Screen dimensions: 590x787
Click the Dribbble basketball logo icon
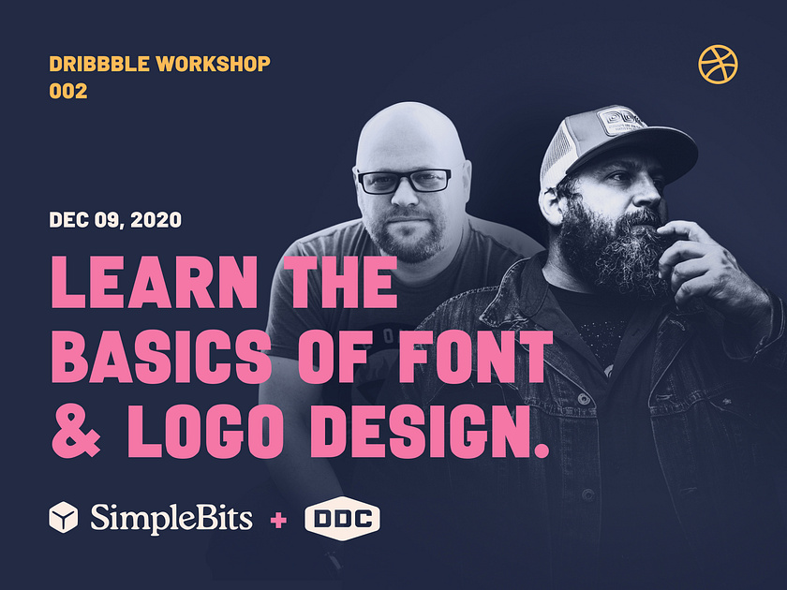(x=718, y=65)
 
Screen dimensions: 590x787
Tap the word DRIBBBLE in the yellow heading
(x=99, y=65)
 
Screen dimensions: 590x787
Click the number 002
(x=68, y=92)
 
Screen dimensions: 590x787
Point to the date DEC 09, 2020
(x=115, y=221)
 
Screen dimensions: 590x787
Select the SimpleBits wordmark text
(x=171, y=517)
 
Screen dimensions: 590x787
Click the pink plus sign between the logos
(x=278, y=518)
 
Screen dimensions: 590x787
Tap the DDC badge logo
(x=341, y=517)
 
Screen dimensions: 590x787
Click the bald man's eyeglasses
(x=404, y=182)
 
